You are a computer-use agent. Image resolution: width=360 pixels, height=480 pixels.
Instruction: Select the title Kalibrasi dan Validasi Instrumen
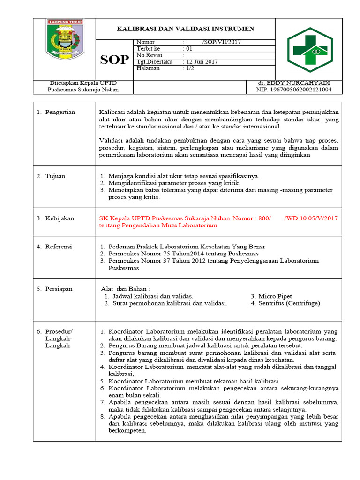coord(186,29)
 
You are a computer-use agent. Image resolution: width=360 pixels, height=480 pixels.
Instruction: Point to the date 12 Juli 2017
coord(202,62)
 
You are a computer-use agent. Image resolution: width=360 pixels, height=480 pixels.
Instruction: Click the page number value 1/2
coord(189,68)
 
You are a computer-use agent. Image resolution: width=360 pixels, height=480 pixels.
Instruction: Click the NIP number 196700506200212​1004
coord(294,90)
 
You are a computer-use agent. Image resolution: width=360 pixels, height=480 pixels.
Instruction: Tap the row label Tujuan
coord(55,176)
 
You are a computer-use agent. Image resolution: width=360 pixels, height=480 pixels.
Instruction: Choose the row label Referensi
coord(59,247)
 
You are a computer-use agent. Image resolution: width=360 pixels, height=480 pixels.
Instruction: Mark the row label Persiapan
coord(59,289)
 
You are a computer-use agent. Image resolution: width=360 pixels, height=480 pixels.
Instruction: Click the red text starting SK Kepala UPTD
coord(218,222)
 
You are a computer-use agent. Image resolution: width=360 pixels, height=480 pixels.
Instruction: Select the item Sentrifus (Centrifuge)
coord(285,303)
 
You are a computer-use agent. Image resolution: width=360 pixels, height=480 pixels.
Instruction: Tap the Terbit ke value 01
coord(189,49)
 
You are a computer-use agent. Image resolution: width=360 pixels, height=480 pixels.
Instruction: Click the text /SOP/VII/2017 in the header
coord(221,42)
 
